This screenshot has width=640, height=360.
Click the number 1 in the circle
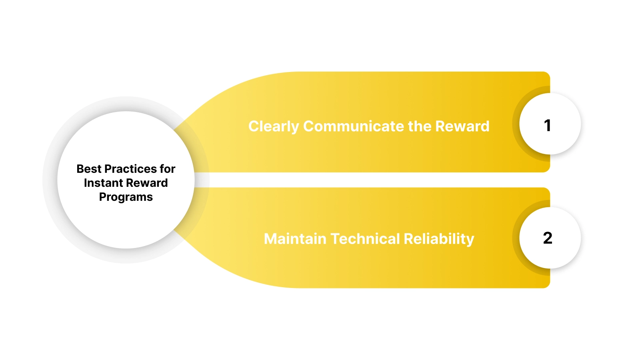548,126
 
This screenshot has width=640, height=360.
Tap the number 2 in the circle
548,238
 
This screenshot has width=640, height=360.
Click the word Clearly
274,126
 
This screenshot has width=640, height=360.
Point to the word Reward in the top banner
462,126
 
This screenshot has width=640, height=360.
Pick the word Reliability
439,239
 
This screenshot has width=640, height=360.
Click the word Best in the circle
89,169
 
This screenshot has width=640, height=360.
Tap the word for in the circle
168,169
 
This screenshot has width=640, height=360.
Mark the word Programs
126,197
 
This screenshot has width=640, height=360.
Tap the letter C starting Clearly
254,126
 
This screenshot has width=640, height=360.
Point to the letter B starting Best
80,169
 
